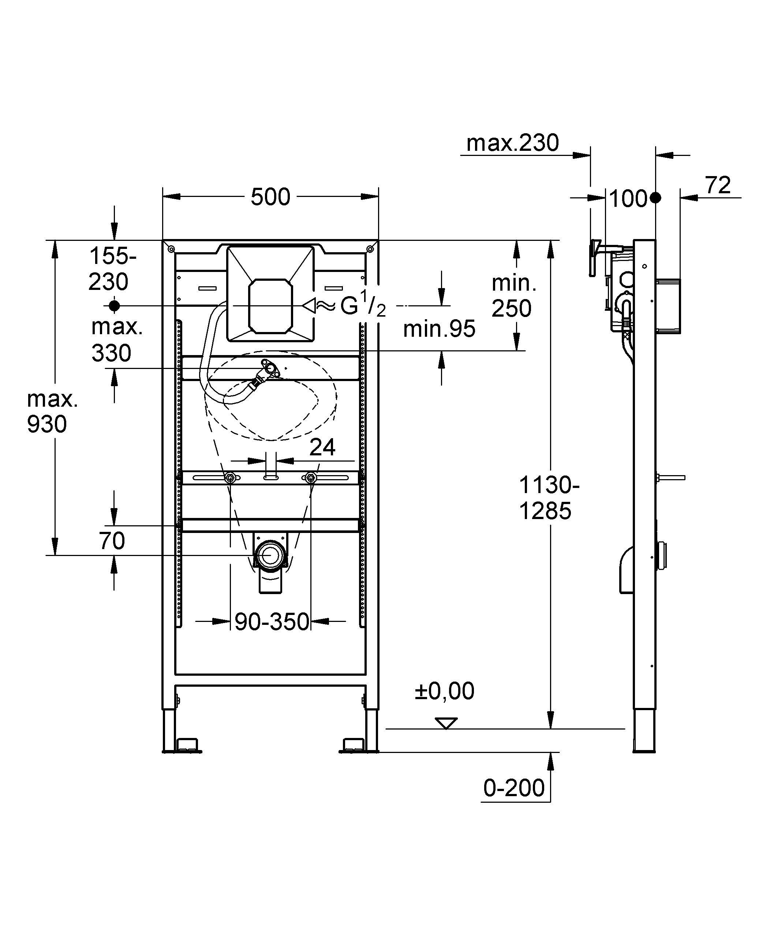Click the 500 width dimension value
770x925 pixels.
tap(270, 197)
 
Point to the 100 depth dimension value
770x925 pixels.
tap(628, 199)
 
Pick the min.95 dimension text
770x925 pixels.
tap(439, 329)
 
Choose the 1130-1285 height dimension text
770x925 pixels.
tap(549, 498)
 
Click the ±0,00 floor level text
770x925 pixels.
tap(444, 691)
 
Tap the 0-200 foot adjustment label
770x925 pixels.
tap(513, 788)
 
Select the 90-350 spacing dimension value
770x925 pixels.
tap(271, 622)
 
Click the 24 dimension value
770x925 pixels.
tap(322, 448)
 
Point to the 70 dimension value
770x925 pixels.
tap(112, 541)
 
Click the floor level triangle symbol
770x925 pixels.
tap(446, 723)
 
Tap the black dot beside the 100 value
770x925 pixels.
tap(655, 198)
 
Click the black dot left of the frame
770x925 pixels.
tap(114, 305)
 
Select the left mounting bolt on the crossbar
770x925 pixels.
tap(229, 478)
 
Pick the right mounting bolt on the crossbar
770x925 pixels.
tap(311, 478)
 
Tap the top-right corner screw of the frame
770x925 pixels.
tap(370, 249)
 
